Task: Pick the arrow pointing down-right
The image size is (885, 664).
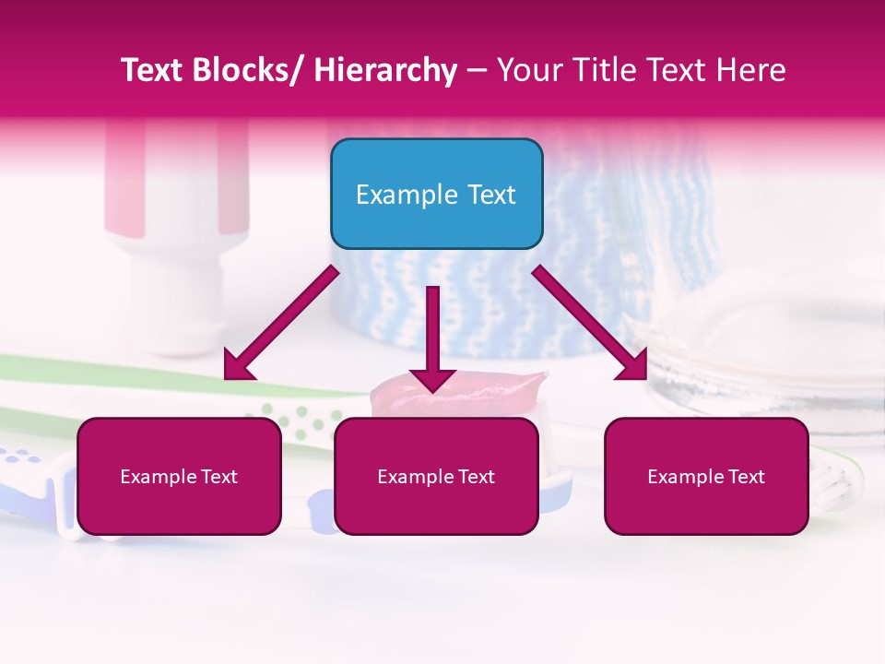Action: (x=591, y=323)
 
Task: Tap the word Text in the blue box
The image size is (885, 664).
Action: (x=491, y=195)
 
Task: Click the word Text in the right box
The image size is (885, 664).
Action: (x=746, y=477)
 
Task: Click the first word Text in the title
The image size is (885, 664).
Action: (x=153, y=70)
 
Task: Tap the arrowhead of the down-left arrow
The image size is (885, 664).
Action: (x=238, y=366)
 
